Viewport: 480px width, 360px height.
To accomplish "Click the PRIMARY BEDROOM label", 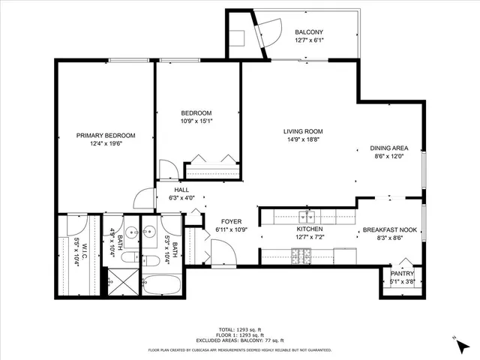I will point(106,136).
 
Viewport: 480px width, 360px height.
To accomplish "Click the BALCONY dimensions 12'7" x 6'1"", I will point(309,40).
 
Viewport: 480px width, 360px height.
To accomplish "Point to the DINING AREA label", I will point(389,148).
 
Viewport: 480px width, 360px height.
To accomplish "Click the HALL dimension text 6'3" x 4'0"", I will point(181,198).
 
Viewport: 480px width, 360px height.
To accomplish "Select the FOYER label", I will point(229,222).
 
